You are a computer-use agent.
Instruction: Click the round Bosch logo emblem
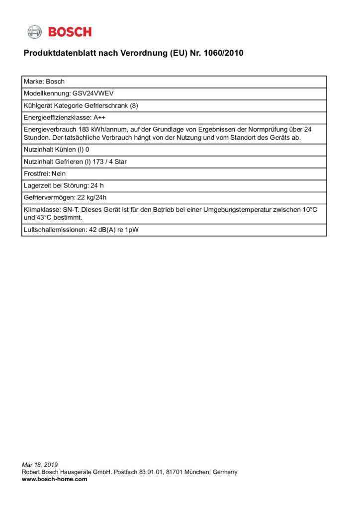point(34,32)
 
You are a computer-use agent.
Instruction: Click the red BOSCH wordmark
point(70,32)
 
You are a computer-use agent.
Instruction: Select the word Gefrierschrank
point(107,105)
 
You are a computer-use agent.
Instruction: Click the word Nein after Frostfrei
point(58,173)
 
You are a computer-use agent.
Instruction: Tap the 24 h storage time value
point(96,185)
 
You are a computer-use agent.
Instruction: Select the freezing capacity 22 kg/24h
point(96,197)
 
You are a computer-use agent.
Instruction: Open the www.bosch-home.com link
point(54,479)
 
